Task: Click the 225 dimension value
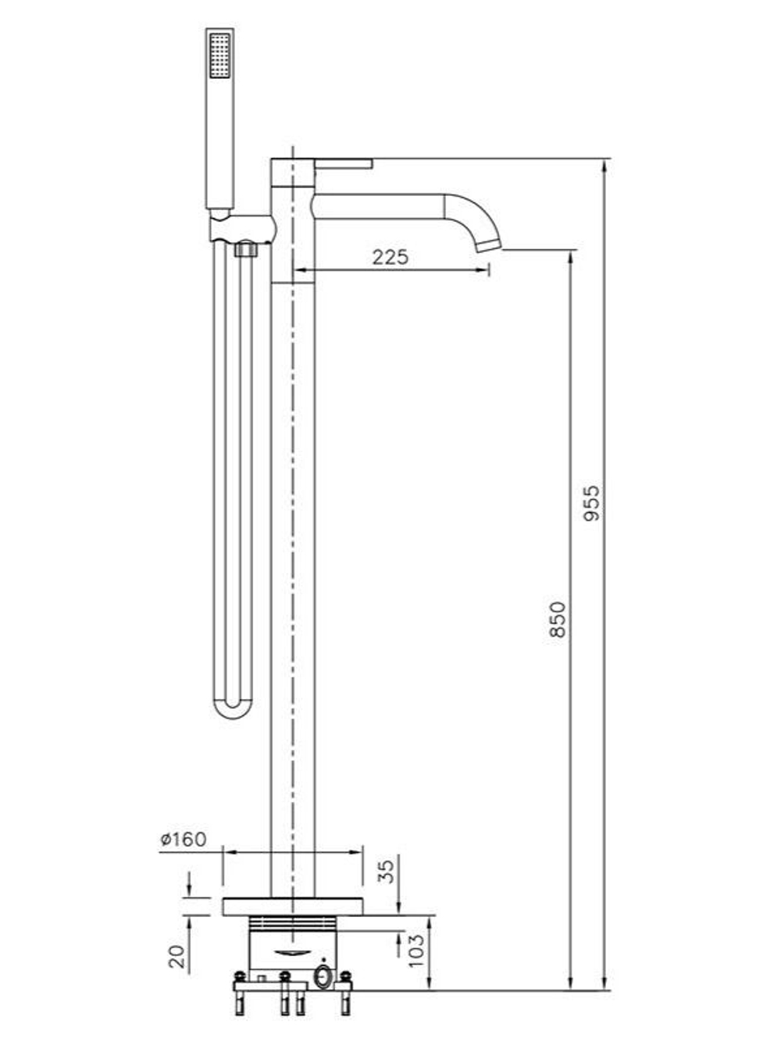coord(390,257)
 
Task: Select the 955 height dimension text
coord(591,503)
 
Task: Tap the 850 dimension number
coord(558,619)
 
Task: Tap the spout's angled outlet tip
coord(488,244)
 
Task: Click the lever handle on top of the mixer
coord(344,163)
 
